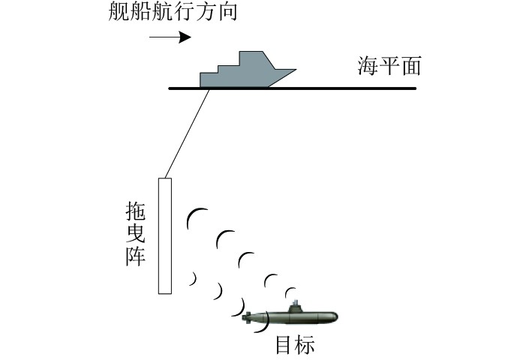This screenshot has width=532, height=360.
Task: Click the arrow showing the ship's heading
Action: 170,37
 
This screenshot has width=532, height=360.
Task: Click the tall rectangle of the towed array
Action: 165,235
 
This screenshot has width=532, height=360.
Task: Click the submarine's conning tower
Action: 296,305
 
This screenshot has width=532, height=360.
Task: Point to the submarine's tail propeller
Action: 248,319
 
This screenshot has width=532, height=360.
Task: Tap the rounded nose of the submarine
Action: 334,317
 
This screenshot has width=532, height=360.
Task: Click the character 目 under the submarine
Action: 284,344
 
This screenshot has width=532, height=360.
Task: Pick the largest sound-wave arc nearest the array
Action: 192,217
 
